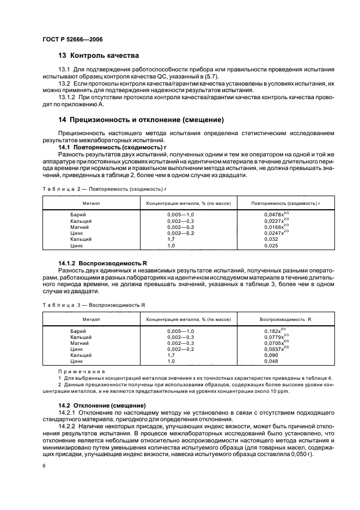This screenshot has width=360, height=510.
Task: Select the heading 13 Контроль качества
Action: (x=98, y=56)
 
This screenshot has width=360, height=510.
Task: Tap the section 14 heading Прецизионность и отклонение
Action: (x=142, y=119)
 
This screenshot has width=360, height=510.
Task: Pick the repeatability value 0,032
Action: (x=271, y=239)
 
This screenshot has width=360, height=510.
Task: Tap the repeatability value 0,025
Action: (x=271, y=245)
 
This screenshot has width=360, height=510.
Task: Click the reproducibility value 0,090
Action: (x=271, y=355)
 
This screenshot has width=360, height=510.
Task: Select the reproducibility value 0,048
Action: (x=271, y=361)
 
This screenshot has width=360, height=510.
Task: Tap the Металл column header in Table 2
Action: (x=91, y=203)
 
